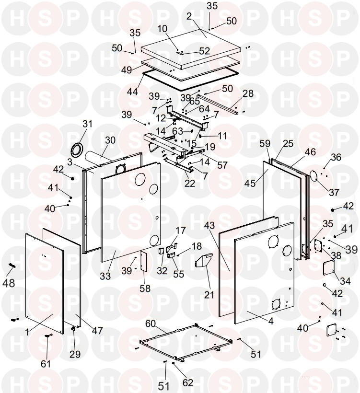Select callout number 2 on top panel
pyautogui.click(x=189, y=16)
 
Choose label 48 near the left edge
pyautogui.click(x=8, y=283)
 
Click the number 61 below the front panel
pyautogui.click(x=45, y=364)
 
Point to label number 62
pyautogui.click(x=188, y=382)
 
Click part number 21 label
pyautogui.click(x=209, y=294)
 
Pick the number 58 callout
pyautogui.click(x=145, y=289)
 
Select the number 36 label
pyautogui.click(x=336, y=157)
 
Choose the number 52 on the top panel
pyautogui.click(x=204, y=51)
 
